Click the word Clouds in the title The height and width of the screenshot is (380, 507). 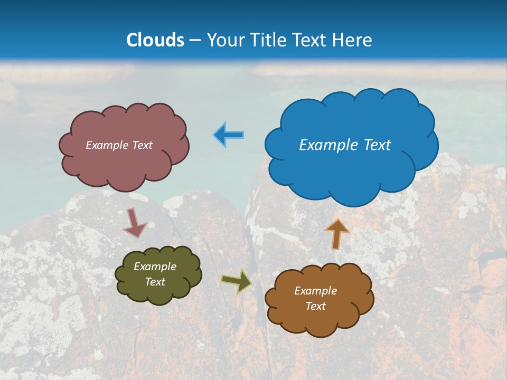(x=155, y=40)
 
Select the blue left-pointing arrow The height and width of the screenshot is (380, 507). (x=229, y=135)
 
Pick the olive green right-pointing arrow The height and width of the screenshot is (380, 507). (x=237, y=281)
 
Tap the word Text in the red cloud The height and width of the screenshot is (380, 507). (x=142, y=145)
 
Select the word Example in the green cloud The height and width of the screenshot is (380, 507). (x=155, y=267)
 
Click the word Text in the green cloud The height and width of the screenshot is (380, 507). (x=155, y=282)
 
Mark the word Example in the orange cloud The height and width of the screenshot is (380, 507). (x=315, y=291)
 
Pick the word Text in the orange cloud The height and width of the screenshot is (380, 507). (x=315, y=306)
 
